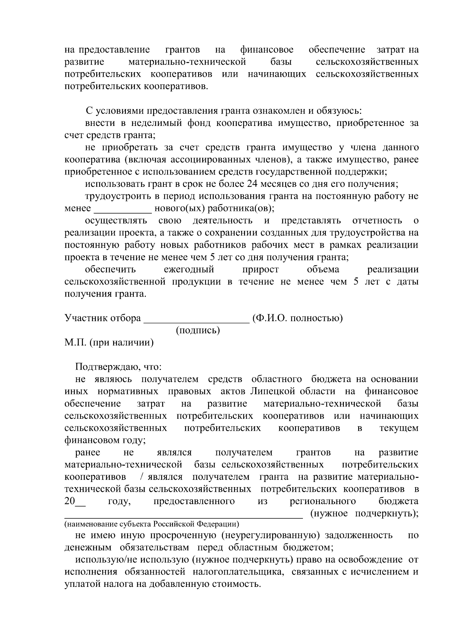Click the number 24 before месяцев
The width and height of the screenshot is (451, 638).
pyautogui.click(x=251, y=184)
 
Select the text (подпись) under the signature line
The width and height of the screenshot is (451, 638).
pyautogui.click(x=198, y=330)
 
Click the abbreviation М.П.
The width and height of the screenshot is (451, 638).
pyautogui.click(x=76, y=342)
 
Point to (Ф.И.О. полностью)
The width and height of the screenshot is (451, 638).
pyautogui.click(x=297, y=318)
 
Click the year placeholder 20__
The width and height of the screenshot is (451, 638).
pyautogui.click(x=75, y=501)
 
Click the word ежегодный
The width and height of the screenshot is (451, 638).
pyautogui.click(x=189, y=269)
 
